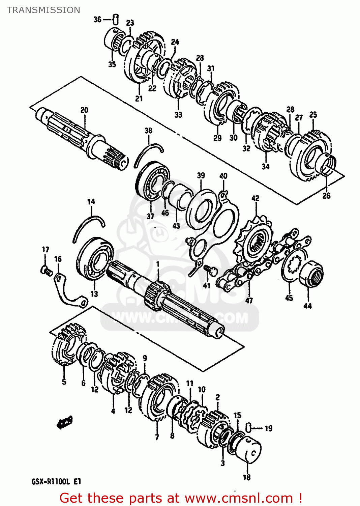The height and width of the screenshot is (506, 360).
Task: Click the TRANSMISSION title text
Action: (43, 10)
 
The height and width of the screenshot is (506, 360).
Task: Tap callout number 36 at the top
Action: (97, 19)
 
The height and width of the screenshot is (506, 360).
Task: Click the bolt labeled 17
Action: (46, 270)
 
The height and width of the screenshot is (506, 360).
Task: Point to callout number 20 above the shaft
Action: (84, 110)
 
